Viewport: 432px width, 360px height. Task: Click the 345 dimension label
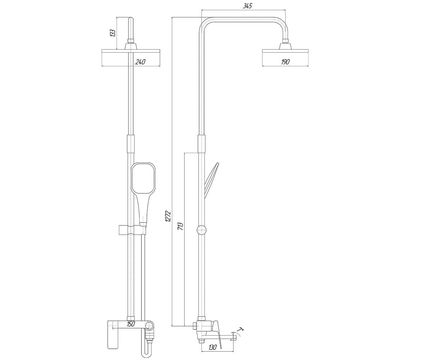pos(247,6)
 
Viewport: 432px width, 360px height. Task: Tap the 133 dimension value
pos(112,33)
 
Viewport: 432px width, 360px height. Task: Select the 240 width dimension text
pos(140,62)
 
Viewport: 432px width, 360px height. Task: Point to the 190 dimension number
pos(285,62)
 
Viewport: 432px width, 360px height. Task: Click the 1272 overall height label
pos(168,216)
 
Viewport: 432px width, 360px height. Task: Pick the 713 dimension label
pos(180,226)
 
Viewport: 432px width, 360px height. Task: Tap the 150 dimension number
pos(131,324)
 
